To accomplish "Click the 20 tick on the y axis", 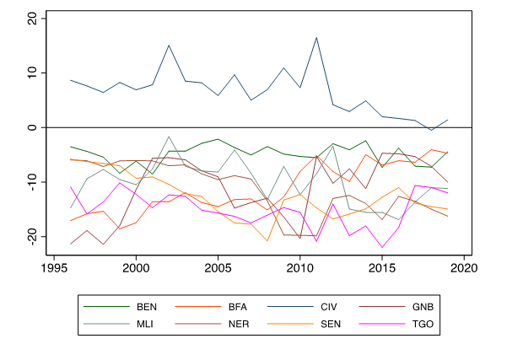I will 31,19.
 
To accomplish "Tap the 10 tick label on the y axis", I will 31,73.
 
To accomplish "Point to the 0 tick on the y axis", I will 31,127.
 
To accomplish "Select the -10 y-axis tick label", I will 31,182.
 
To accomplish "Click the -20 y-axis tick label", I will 31,236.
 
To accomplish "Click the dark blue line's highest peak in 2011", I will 316,37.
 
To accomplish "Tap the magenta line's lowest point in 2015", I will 382,248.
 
